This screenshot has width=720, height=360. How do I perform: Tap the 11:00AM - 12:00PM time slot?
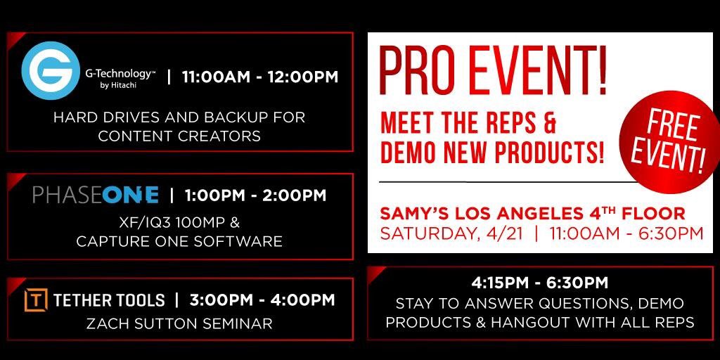(x=260, y=77)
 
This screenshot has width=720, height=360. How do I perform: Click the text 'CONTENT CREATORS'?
(x=179, y=136)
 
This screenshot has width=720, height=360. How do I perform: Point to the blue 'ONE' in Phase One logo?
(x=131, y=195)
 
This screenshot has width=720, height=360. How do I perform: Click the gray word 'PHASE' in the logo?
(x=67, y=195)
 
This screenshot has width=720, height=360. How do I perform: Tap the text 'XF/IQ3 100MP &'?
(x=179, y=224)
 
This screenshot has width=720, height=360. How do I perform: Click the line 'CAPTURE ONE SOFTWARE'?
(x=179, y=241)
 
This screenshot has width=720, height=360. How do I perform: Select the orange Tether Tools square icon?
(x=36, y=300)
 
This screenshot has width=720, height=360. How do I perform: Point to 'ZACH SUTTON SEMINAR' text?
(x=179, y=323)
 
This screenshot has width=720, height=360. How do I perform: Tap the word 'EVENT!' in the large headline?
(x=534, y=73)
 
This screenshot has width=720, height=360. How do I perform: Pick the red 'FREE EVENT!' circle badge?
(x=663, y=140)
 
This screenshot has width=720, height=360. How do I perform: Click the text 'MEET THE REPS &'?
(x=468, y=124)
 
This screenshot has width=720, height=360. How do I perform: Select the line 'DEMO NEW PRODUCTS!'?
(x=492, y=153)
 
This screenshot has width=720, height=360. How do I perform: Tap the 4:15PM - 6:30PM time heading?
(x=540, y=283)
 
